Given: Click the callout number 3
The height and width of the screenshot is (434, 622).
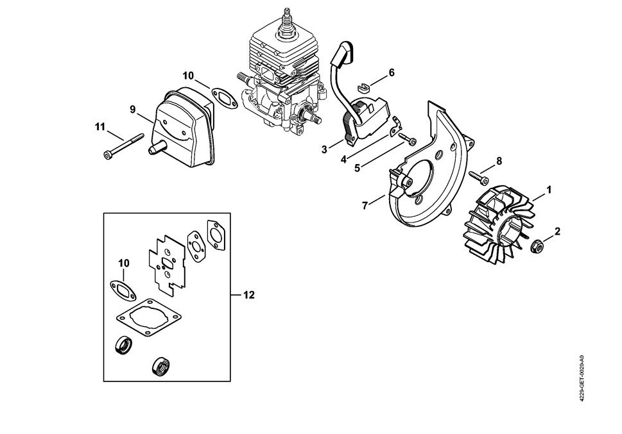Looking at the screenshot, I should coord(325,149).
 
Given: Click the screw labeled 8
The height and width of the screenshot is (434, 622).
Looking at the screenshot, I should coord(478,174).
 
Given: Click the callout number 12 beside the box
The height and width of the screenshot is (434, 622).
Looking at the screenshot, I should coord(249,295).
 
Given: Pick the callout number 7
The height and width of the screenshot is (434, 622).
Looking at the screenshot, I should coord(365,205).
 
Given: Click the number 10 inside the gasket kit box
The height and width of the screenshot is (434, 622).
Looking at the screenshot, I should coord(124,263).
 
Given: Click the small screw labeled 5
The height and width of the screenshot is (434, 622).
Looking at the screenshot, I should coord(407,138).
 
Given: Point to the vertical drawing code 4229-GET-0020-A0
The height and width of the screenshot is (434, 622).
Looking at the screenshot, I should coord(581,378).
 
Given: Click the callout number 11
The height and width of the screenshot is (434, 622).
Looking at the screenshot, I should coord(99,127).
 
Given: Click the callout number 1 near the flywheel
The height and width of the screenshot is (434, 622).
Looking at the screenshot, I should coord(549,190).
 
